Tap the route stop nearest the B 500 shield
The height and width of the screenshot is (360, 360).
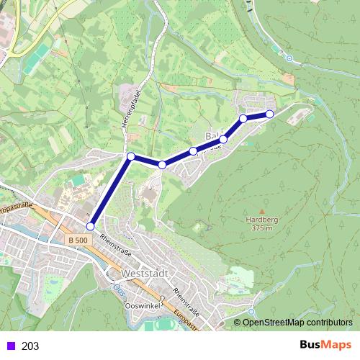(x=90, y=226)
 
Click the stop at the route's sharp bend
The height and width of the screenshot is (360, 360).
(x=130, y=156)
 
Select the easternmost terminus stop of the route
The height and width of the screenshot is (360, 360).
(x=270, y=114)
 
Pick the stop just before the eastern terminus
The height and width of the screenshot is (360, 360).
(x=243, y=118)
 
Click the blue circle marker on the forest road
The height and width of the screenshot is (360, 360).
(x=289, y=58)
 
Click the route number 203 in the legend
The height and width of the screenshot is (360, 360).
(x=30, y=346)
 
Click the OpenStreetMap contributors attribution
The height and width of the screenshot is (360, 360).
(x=297, y=323)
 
